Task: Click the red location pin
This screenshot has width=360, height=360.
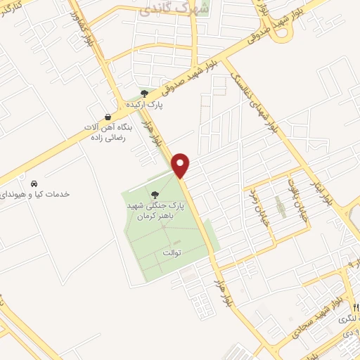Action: click(x=181, y=164)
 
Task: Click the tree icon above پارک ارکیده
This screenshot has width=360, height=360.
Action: click(x=144, y=93)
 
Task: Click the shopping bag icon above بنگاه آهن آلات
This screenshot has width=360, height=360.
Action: click(x=107, y=116)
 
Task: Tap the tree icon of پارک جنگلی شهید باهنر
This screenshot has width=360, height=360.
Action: click(x=155, y=195)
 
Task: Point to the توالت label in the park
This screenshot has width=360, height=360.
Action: click(x=172, y=251)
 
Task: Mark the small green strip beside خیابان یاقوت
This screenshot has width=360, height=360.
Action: click(x=280, y=207)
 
